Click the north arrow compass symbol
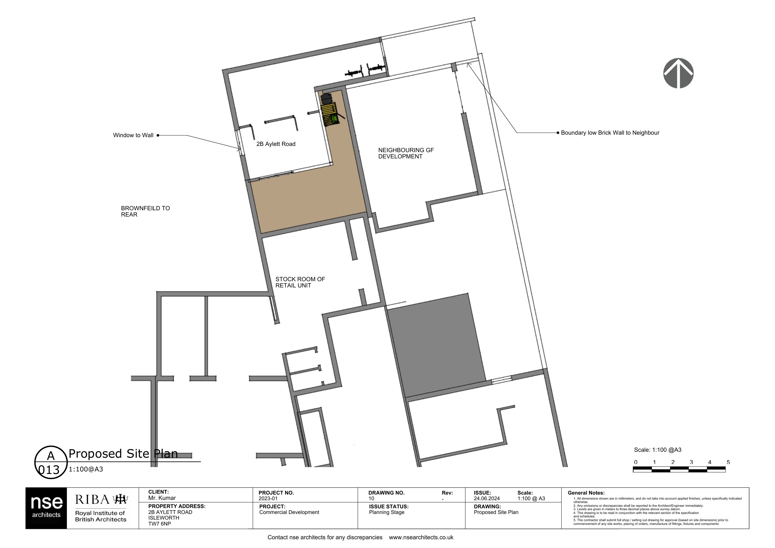click(x=678, y=73)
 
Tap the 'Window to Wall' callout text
click(x=133, y=135)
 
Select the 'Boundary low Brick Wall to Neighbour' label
click(x=610, y=133)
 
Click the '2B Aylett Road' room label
click(x=276, y=144)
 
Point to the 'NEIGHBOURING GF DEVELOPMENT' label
click(x=406, y=153)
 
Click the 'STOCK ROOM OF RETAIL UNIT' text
click(x=300, y=282)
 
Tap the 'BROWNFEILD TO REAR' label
click(x=146, y=212)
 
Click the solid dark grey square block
click(x=436, y=345)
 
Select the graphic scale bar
click(x=679, y=469)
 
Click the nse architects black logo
click(x=46, y=508)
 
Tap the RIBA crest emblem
click(x=121, y=499)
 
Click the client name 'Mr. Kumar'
click(x=162, y=498)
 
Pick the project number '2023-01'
click(x=268, y=498)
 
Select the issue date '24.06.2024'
click(x=487, y=498)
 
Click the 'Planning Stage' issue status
click(x=386, y=512)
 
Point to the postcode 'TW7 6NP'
click(x=160, y=524)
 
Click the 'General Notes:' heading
click(x=586, y=493)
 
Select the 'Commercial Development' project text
click(x=289, y=512)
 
